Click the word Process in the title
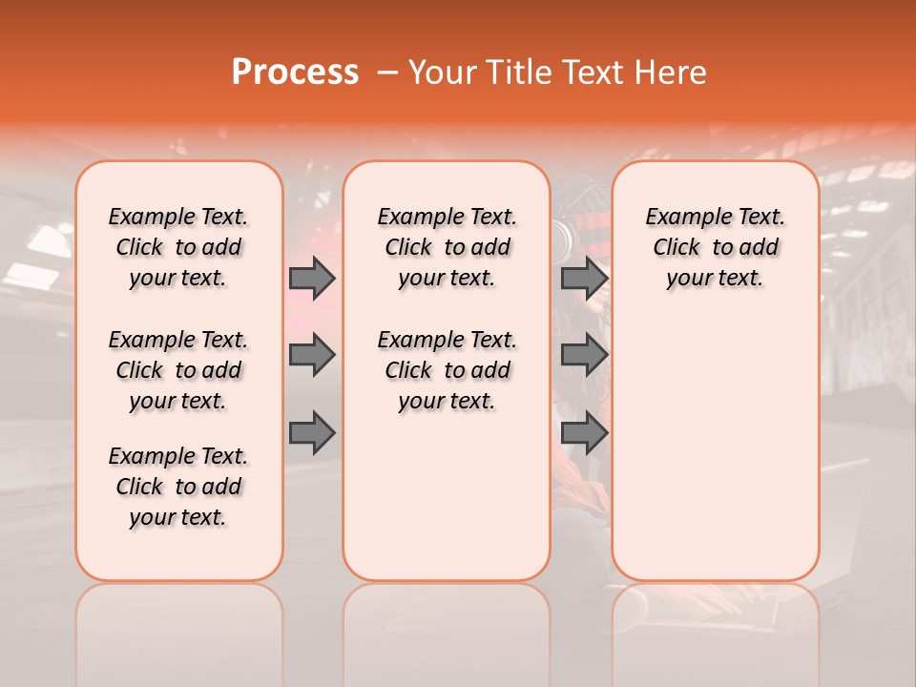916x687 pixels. coord(295,73)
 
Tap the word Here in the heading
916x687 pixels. coord(670,73)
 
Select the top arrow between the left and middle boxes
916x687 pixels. coord(312,278)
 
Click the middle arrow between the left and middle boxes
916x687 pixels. coord(312,355)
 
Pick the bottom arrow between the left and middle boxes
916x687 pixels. coord(312,433)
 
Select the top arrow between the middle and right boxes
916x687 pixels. coord(584,278)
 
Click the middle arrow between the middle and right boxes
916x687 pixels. coord(584,355)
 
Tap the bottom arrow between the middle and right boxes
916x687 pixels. coord(584,433)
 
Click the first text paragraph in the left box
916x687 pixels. coord(178,247)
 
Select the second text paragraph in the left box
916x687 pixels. coord(178,370)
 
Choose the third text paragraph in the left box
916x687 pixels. coord(178,487)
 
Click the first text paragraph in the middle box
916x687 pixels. coord(447,247)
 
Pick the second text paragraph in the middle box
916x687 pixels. coord(447,370)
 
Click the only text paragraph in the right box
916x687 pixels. coord(715,247)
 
